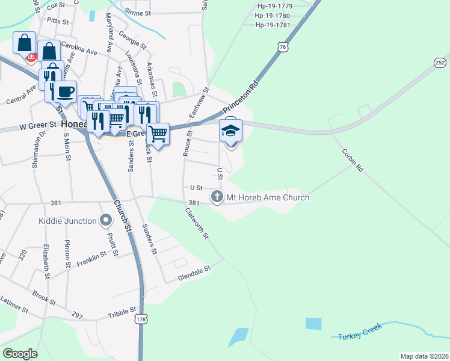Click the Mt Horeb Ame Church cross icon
point(217,197)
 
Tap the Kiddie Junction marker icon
point(106,221)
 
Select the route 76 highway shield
point(282,47)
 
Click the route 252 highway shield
point(440,63)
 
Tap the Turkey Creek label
point(360,335)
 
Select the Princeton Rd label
point(240,97)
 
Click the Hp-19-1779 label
point(273,6)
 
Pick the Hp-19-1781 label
point(273,25)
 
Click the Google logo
point(20,353)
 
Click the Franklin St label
point(91,259)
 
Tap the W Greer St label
point(37,125)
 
